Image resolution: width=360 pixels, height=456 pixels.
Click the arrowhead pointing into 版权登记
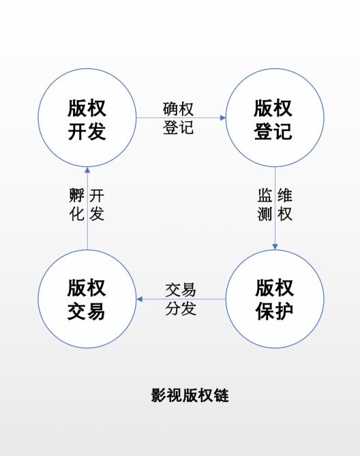[223, 118]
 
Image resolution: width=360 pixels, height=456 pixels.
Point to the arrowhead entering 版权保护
[275, 247]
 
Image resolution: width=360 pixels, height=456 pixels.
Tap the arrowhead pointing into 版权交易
[139, 299]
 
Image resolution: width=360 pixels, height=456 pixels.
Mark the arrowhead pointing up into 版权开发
[87, 170]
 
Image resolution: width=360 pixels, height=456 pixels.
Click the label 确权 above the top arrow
[178, 109]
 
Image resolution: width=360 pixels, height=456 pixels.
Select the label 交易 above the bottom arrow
[181, 290]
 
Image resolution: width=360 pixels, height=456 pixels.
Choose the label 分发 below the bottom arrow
[181, 308]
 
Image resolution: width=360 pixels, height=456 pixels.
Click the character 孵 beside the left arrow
[77, 195]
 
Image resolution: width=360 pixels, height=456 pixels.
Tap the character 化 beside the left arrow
[77, 214]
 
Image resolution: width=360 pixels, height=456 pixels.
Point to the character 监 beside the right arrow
[265, 195]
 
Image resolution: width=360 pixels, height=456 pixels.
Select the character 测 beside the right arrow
[265, 214]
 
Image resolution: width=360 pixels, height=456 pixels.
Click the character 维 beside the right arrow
[285, 195]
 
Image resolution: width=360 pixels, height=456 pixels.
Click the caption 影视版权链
[190, 395]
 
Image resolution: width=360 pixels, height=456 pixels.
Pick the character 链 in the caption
[222, 395]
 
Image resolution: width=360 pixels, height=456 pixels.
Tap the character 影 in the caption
[158, 395]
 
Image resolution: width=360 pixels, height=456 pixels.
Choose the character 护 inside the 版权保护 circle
[284, 311]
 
